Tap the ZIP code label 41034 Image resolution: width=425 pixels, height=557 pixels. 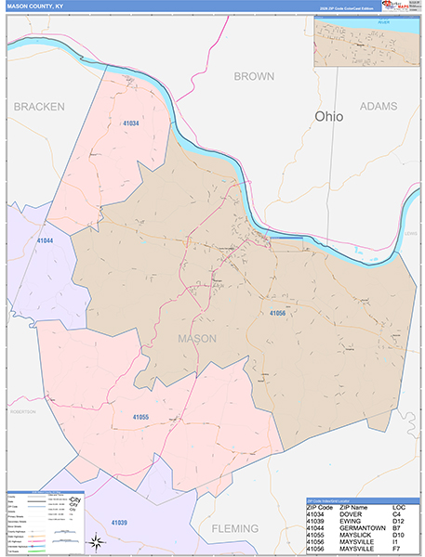(130, 123)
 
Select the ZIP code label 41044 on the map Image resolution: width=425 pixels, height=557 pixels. (45, 240)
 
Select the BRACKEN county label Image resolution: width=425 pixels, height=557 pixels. (39, 107)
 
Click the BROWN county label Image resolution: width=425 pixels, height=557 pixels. (254, 75)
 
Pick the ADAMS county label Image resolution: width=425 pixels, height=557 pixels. (378, 107)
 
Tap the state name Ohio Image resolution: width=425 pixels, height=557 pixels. (327, 117)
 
